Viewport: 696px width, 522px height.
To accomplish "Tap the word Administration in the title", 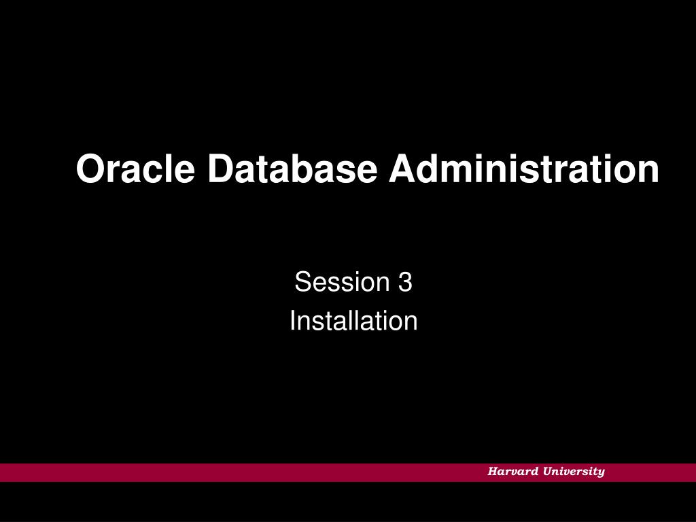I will point(523,169).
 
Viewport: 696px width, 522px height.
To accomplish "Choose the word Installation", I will point(353,321).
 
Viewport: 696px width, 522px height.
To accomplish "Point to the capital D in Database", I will point(222,169).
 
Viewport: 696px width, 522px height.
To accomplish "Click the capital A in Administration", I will point(403,169).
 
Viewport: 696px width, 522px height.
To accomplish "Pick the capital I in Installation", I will point(293,321).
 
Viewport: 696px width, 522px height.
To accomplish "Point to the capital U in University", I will point(547,472).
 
